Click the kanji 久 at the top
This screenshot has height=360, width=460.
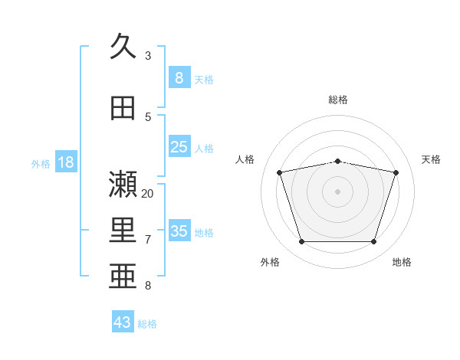(x=123, y=47)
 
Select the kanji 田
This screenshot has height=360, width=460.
(x=123, y=108)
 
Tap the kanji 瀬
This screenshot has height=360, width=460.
(x=123, y=184)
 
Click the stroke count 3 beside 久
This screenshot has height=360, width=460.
(x=148, y=56)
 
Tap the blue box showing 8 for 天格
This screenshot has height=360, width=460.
(x=179, y=77)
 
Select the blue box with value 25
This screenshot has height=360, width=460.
(x=179, y=147)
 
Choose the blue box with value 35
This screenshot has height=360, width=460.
(x=179, y=231)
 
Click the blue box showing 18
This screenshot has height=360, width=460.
(x=65, y=162)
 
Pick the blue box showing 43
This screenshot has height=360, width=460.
(x=123, y=322)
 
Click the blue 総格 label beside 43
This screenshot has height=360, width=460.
(x=147, y=324)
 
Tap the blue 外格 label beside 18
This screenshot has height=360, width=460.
(x=41, y=163)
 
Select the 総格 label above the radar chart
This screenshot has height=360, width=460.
(x=338, y=100)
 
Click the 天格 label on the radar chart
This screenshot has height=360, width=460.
(x=431, y=159)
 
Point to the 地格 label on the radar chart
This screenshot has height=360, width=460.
(x=402, y=262)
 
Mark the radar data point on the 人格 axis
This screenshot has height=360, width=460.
(x=280, y=173)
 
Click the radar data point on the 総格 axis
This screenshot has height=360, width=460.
(x=338, y=161)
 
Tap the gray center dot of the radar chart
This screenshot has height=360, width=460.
(x=338, y=191)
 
